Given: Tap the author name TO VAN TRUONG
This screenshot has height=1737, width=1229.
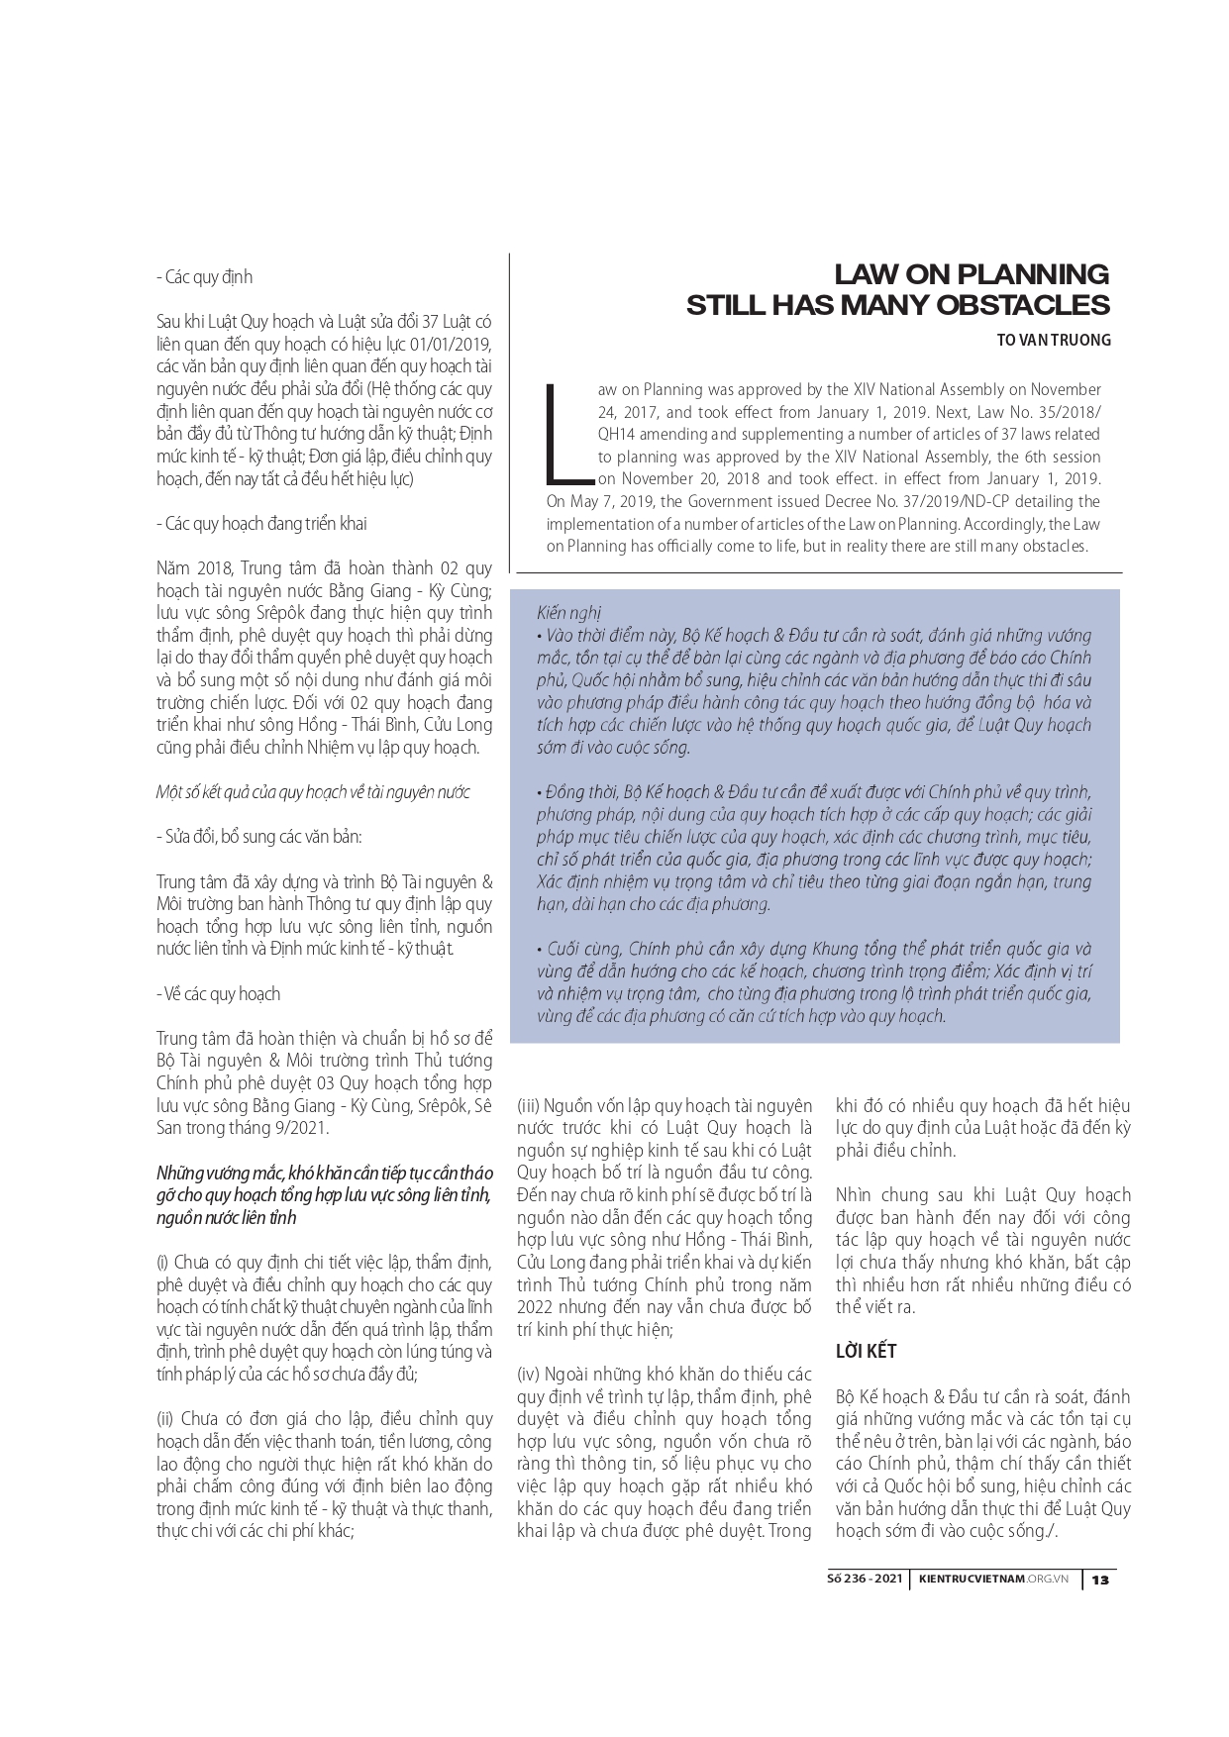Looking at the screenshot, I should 1054,341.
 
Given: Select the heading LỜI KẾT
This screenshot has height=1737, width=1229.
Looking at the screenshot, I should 867,1351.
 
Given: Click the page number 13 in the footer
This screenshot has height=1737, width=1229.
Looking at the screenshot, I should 1099,1580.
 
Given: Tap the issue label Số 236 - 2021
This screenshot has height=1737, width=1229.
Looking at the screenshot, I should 865,1580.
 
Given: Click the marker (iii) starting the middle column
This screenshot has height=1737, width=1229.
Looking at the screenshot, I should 528,1106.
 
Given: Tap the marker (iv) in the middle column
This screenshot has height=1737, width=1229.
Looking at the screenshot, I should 529,1375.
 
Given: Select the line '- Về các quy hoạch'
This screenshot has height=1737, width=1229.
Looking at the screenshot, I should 218,993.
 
